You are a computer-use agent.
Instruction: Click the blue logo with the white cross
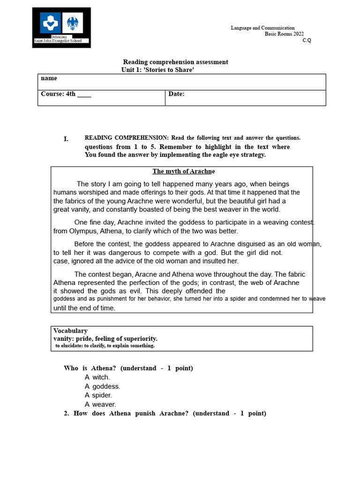[x=50, y=22]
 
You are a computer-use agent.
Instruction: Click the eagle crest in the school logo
[x=73, y=22]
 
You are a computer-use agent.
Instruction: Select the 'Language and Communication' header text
[x=262, y=28]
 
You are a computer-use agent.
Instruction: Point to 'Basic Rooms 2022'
[x=284, y=34]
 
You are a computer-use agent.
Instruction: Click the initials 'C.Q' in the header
[x=307, y=40]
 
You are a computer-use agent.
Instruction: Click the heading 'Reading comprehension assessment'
[x=175, y=62]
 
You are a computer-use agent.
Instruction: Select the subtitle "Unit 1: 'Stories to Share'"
[x=157, y=70]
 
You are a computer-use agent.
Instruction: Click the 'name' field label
[x=49, y=78]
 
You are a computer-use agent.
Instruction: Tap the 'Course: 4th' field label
[x=66, y=94]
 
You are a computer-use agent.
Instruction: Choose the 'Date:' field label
[x=176, y=94]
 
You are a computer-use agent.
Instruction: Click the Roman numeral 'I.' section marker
[x=66, y=139]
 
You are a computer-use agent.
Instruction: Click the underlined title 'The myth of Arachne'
[x=183, y=172]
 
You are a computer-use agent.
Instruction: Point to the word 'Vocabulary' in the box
[x=70, y=331]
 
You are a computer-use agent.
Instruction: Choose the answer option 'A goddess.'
[x=102, y=386]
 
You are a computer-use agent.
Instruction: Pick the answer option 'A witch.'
[x=97, y=377]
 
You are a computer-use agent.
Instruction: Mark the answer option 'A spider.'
[x=98, y=395]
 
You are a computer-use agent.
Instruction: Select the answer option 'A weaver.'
[x=100, y=404]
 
